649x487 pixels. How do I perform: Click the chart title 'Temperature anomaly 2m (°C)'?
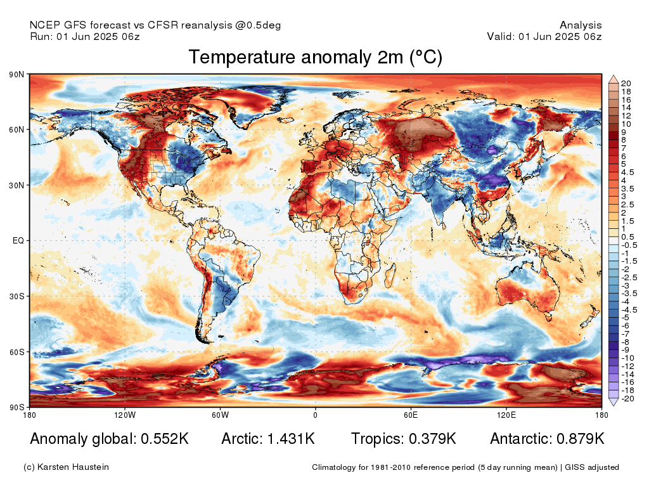(315, 58)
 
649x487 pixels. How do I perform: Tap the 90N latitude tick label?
(16, 75)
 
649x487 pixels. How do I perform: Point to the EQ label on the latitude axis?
(17, 241)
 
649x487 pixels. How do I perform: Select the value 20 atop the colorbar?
(626, 83)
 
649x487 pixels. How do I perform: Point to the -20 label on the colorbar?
(627, 399)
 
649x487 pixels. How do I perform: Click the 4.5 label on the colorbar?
(627, 172)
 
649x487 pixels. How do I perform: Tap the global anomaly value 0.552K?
(161, 439)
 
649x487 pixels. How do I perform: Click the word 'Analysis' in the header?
(581, 25)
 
